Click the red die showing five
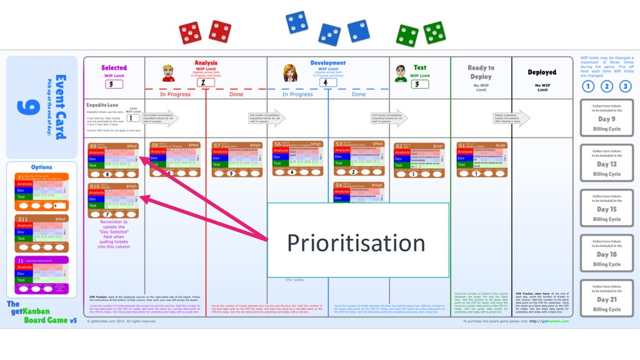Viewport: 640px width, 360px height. click(x=191, y=33)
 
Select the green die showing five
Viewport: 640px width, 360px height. click(x=434, y=32)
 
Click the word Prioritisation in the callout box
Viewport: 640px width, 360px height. click(x=356, y=242)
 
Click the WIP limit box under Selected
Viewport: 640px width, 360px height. click(x=114, y=84)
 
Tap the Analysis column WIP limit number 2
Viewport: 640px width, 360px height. click(x=205, y=82)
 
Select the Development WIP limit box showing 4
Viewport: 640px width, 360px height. click(x=327, y=82)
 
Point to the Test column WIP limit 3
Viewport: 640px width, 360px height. click(x=420, y=84)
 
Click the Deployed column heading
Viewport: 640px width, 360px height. click(x=542, y=72)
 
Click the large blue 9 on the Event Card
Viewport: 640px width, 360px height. click(x=29, y=107)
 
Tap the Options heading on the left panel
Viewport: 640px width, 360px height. click(x=42, y=167)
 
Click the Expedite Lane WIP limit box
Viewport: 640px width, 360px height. click(x=133, y=117)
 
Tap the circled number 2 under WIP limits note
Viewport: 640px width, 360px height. click(x=606, y=87)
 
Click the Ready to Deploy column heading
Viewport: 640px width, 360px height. click(x=481, y=72)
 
